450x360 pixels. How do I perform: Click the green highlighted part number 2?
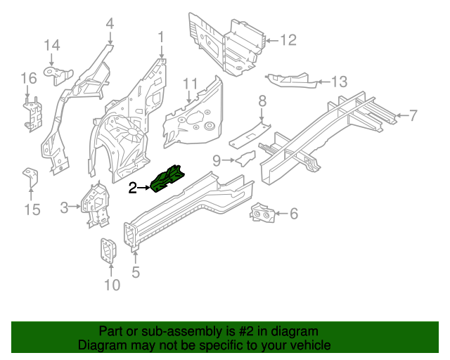167,179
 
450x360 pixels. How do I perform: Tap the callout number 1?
161,36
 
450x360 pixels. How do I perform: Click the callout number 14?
53,46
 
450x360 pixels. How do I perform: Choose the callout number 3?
64,207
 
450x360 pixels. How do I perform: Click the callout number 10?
112,284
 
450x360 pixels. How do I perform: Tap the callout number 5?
136,271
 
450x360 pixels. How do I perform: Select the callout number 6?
294,213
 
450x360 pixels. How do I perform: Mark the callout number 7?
413,115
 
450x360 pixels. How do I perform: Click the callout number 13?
340,82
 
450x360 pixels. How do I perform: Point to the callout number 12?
289,40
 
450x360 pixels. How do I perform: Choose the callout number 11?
191,84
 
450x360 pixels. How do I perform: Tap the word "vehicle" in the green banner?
307,345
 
